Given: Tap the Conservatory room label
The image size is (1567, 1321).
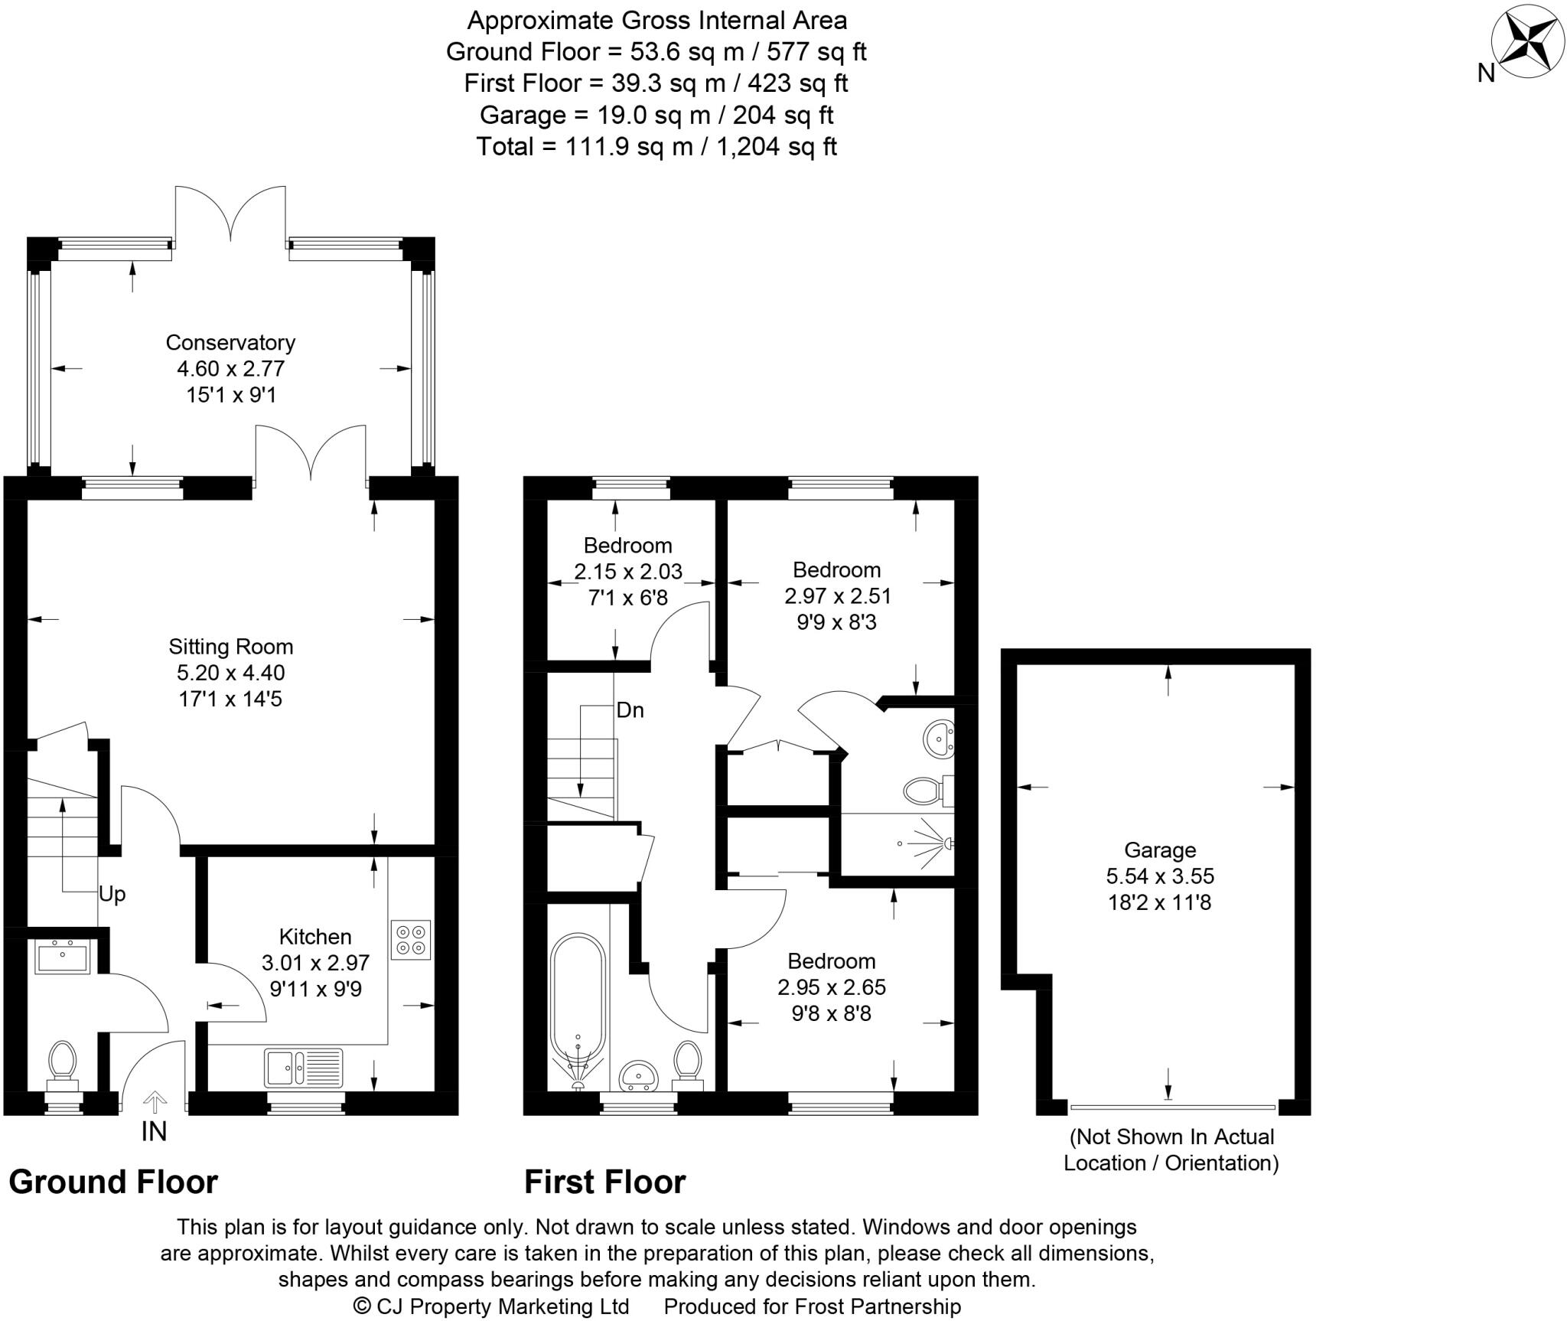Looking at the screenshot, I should point(230,342).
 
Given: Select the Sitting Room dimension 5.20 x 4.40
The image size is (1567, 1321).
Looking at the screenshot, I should point(230,673).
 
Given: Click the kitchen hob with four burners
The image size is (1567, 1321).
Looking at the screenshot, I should point(411,939).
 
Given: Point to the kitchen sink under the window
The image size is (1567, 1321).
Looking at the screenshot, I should point(304,1068).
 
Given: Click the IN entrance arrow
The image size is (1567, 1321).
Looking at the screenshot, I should point(155,1103).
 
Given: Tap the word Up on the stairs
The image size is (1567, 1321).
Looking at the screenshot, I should point(112,894).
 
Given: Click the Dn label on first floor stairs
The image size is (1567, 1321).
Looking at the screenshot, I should point(630,710).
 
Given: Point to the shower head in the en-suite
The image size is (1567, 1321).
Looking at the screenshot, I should point(947,843).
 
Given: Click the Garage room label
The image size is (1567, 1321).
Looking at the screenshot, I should point(1160,850).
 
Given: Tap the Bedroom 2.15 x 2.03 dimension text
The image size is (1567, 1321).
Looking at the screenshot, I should point(628,571).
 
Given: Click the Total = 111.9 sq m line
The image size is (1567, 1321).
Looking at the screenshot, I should point(656,146).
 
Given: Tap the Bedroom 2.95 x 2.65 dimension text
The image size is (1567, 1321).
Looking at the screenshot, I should point(832,987).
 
